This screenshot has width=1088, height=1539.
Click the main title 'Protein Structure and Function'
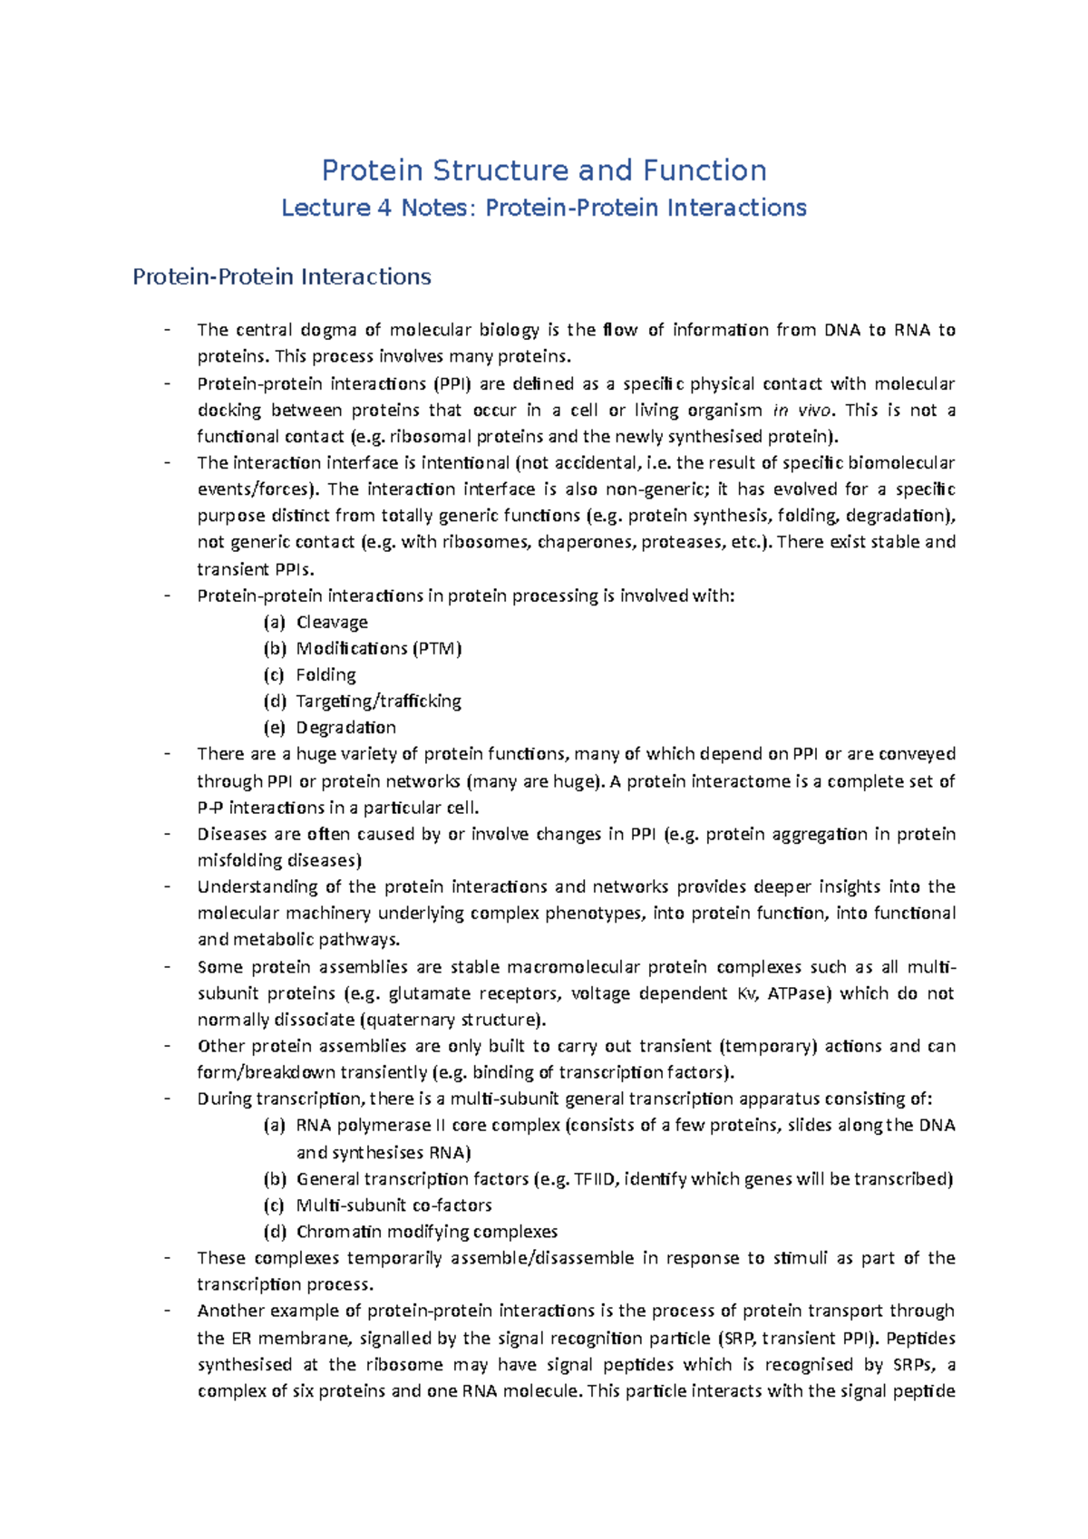click(544, 170)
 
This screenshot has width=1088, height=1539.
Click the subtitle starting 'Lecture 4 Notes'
click(544, 208)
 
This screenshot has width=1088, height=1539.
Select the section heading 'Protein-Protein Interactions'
click(282, 276)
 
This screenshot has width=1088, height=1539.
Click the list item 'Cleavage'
click(332, 622)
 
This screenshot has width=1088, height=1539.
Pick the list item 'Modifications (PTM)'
click(379, 648)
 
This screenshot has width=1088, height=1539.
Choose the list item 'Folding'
click(325, 674)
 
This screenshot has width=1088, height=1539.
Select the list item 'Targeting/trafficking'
click(379, 701)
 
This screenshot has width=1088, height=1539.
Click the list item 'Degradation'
click(345, 727)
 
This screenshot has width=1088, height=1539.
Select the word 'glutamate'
click(429, 993)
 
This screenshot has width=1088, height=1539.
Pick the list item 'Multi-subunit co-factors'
click(393, 1205)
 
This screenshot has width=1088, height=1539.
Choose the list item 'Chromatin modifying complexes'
click(426, 1232)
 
